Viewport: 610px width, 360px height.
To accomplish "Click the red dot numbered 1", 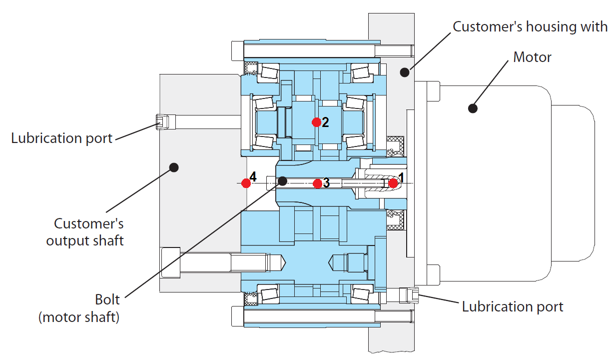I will (393, 183).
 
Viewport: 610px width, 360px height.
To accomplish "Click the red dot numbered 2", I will (316, 122).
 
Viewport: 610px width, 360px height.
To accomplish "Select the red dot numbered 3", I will (317, 183).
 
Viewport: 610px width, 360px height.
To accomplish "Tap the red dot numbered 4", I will (246, 183).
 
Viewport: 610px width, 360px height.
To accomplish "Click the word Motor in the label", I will (532, 57).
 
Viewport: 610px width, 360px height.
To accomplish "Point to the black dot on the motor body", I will (472, 107).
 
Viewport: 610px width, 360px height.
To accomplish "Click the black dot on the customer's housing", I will (405, 73).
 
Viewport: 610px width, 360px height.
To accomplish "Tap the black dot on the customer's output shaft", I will (174, 167).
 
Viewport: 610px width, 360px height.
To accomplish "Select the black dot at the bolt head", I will (282, 180).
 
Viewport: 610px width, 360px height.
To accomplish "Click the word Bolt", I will (107, 299).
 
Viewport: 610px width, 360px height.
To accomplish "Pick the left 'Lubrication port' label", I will (62, 138).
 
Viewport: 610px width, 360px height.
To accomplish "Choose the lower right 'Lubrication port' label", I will (513, 306).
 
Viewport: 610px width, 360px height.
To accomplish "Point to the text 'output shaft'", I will (85, 240).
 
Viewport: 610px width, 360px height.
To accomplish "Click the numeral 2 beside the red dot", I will (325, 122).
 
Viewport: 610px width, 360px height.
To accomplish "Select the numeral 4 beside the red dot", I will (253, 177).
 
